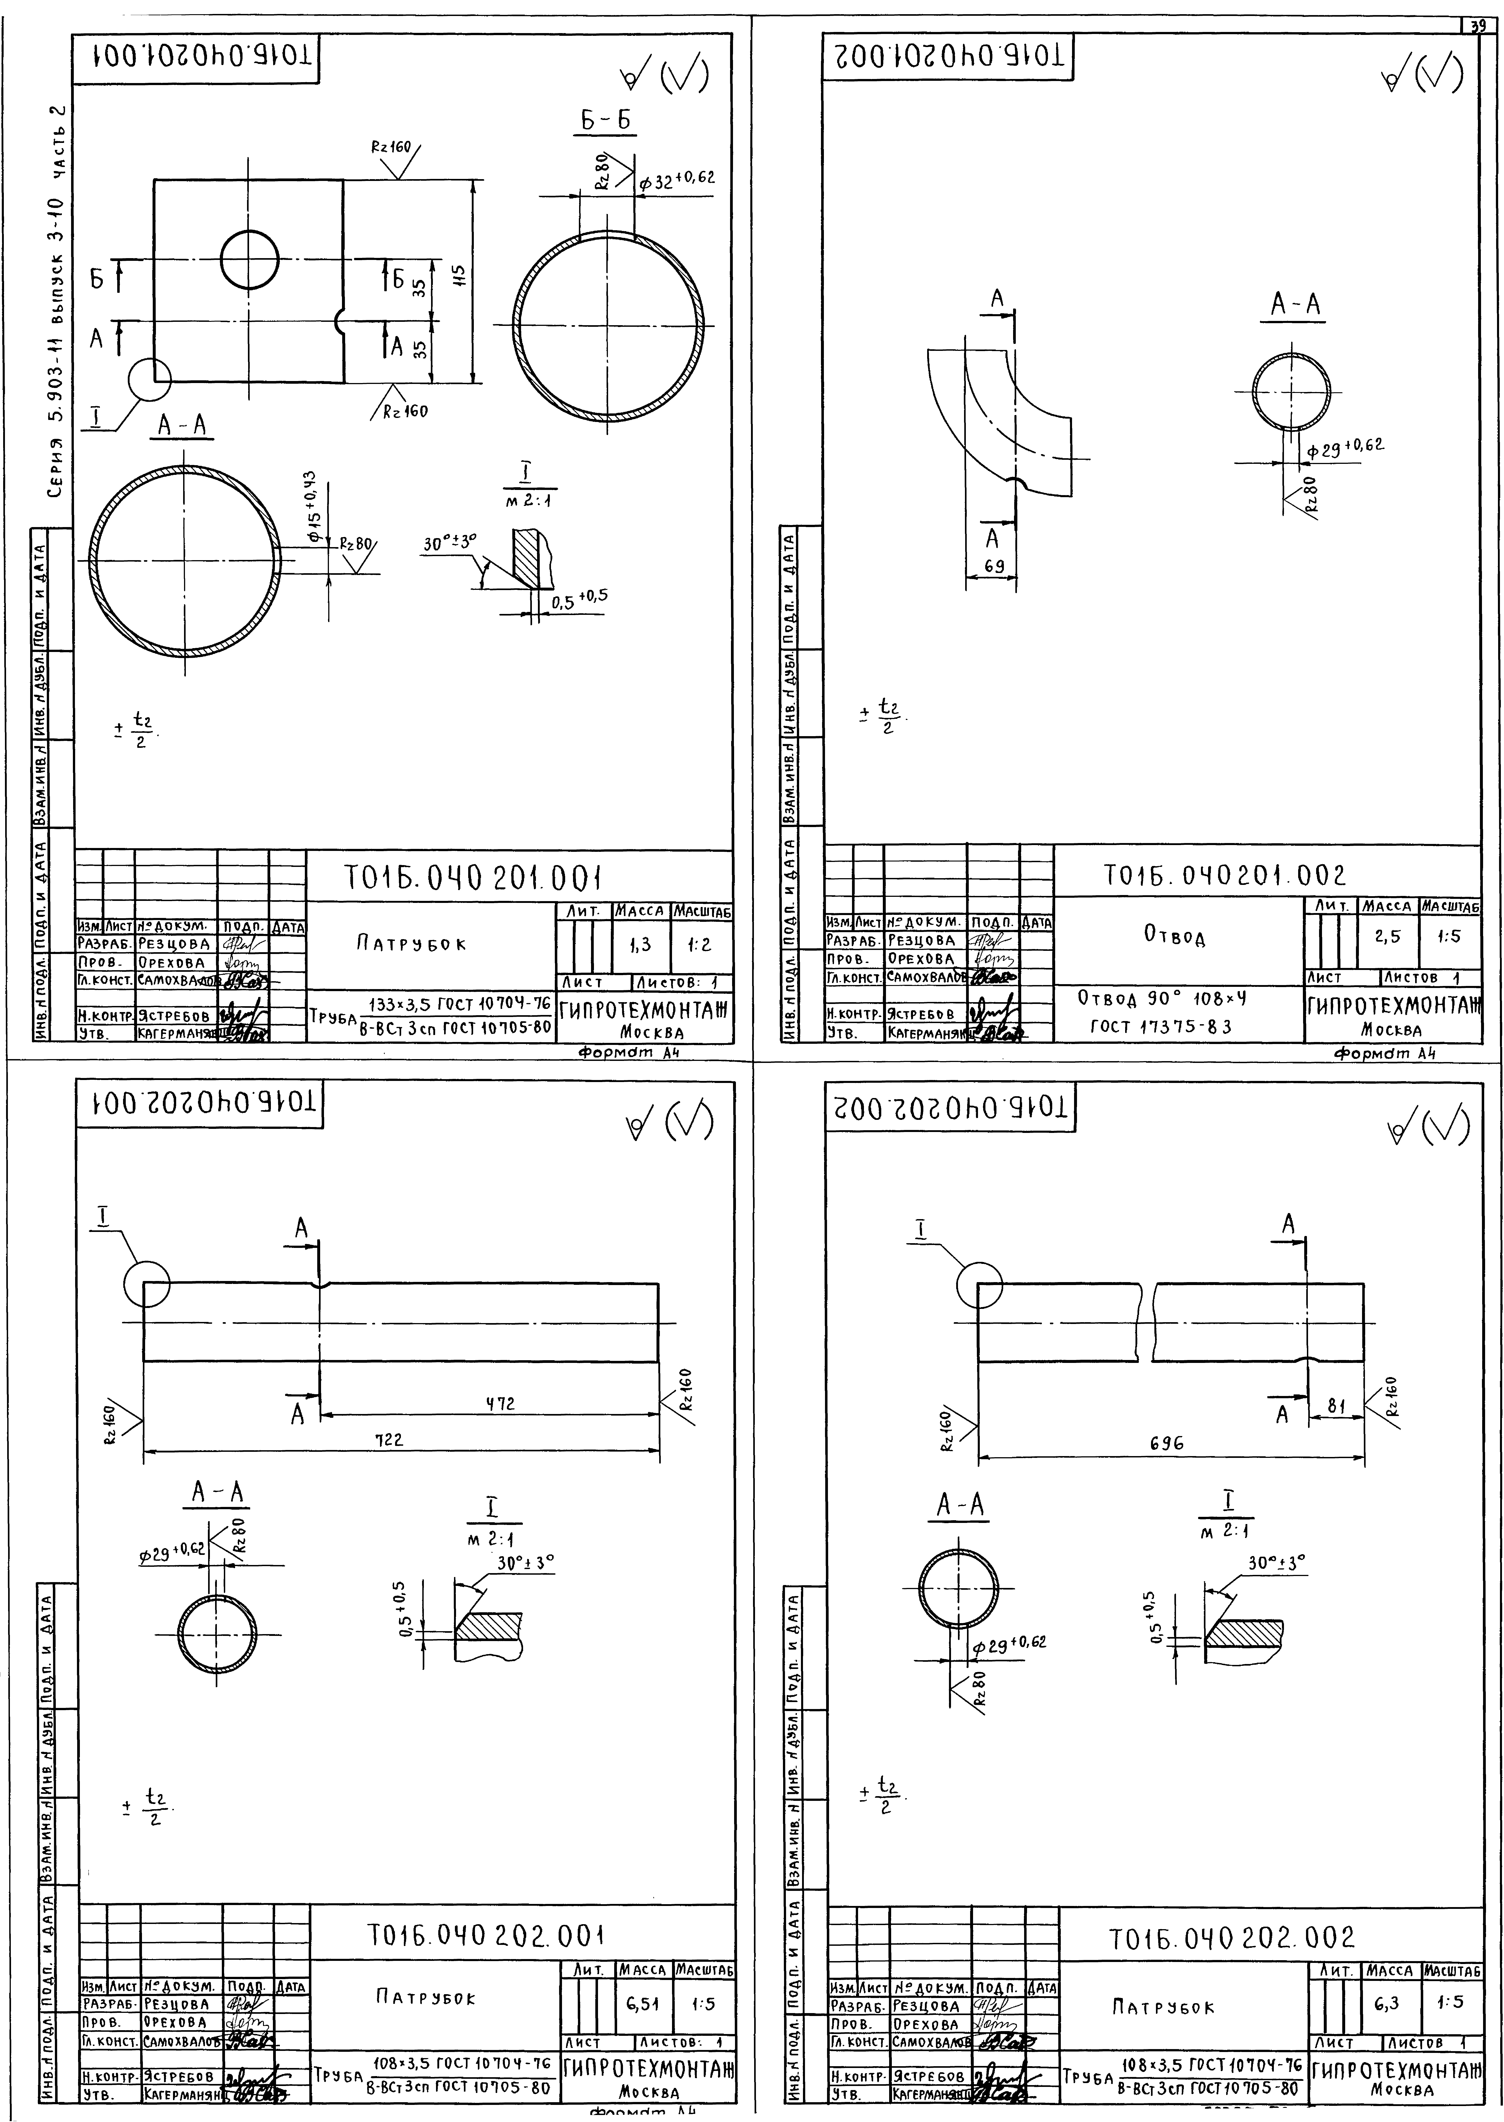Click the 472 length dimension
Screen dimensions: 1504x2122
tap(500, 1403)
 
